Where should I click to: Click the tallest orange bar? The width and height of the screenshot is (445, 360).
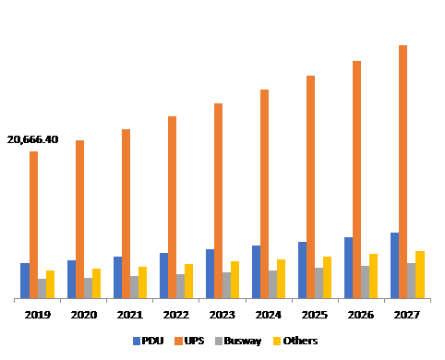[403, 172]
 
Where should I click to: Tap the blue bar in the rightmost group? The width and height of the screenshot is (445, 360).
[394, 266]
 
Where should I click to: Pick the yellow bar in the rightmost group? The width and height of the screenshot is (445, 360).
[419, 274]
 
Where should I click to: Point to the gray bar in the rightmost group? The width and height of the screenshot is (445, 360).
[411, 281]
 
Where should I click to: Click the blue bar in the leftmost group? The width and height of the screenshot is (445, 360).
[25, 281]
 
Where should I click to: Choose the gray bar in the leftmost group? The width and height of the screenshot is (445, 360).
[42, 288]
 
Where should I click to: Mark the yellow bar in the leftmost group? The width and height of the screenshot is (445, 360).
[50, 284]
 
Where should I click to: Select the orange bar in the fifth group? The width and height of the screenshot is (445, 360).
[218, 200]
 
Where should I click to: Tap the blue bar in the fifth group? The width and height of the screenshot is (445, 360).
[210, 273]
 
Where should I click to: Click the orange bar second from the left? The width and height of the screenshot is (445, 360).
[79, 219]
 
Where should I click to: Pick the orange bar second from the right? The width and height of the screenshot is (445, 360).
[356, 179]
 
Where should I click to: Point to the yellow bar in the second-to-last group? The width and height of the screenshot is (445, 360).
[373, 276]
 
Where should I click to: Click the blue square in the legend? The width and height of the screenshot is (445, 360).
[137, 341]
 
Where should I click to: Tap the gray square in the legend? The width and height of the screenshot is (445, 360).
[219, 341]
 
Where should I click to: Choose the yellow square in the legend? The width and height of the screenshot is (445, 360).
[276, 341]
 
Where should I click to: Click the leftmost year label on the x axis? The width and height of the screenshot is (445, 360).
[38, 315]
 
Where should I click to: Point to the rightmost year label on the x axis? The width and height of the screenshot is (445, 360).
[407, 315]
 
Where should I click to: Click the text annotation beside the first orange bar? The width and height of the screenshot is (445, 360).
[35, 140]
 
